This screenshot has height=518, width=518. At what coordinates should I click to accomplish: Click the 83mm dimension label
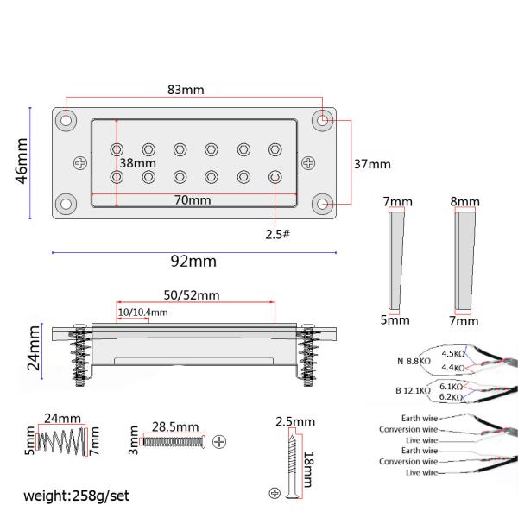point(186,90)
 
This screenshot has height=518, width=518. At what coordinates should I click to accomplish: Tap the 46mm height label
point(22,161)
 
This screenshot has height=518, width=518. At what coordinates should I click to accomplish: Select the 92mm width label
point(193,262)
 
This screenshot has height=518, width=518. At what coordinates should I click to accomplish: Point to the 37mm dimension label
point(372,164)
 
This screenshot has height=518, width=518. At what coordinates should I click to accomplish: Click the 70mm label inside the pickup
point(193,200)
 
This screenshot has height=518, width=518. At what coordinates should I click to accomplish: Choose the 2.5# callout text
point(277,234)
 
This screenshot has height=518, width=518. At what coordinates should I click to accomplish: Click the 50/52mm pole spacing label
point(192,295)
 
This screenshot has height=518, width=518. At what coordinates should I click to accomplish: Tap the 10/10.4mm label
point(142,313)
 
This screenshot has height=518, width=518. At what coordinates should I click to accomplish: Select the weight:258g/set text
point(76,496)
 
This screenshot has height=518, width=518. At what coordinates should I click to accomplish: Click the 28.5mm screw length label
point(175,426)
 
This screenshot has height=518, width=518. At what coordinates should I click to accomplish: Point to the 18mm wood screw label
point(308,470)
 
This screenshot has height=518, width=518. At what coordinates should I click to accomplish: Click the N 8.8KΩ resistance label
point(414,361)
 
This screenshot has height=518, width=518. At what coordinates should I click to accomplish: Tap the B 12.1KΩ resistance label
point(414,390)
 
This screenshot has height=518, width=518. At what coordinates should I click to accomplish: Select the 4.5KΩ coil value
point(453,353)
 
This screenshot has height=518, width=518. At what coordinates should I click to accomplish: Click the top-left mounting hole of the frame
point(66,120)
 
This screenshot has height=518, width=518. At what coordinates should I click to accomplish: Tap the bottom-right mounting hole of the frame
point(323,204)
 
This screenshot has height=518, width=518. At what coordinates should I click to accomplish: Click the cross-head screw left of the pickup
point(80,163)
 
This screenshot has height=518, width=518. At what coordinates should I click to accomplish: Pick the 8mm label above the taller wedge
point(464,201)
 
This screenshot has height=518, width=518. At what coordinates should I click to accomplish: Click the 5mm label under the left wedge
point(395,319)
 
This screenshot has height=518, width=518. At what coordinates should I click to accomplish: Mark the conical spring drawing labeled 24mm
point(62,441)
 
